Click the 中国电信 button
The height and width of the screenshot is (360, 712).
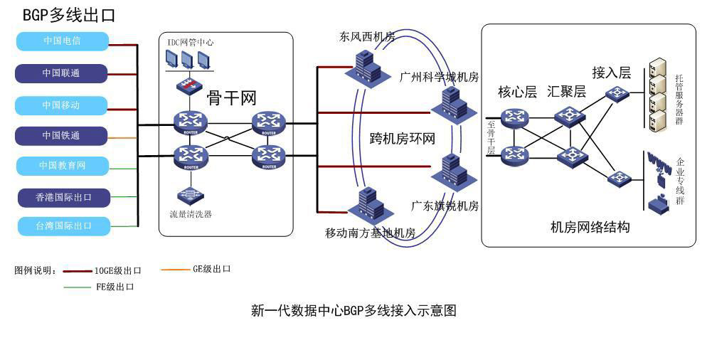coord(62,41)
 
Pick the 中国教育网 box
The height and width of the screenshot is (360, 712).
coord(63,166)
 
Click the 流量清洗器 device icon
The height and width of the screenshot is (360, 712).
coord(190,195)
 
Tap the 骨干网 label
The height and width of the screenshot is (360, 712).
coord(231,97)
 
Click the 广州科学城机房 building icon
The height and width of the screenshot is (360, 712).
coord(450,103)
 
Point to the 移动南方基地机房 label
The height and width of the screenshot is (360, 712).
coord(370,233)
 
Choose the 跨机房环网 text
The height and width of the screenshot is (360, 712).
coord(402,138)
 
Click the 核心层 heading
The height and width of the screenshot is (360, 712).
coord(517,92)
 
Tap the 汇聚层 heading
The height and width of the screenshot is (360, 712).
coord(566,92)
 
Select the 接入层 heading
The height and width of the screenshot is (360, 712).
coord(612,73)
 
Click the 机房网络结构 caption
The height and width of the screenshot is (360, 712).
coord(590,227)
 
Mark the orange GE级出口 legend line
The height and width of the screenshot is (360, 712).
coord(175,270)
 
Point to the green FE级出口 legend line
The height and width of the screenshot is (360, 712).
coord(78,287)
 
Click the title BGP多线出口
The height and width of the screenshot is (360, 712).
coord(69,15)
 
